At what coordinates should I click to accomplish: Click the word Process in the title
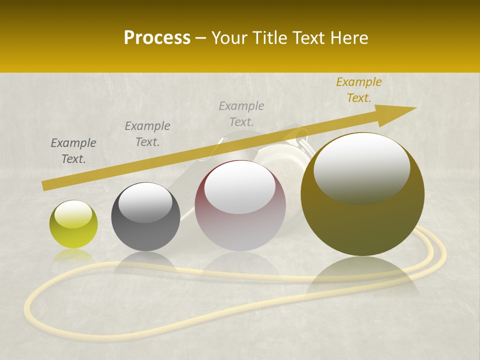[x=157, y=38]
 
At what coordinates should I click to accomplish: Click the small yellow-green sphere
[x=73, y=224]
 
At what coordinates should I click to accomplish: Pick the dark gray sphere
[x=145, y=216]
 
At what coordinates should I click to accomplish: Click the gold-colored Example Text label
[x=358, y=90]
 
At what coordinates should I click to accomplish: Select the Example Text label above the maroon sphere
[x=241, y=113]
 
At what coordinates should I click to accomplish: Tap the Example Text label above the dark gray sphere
[x=147, y=133]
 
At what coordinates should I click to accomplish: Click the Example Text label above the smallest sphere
[x=73, y=151]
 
